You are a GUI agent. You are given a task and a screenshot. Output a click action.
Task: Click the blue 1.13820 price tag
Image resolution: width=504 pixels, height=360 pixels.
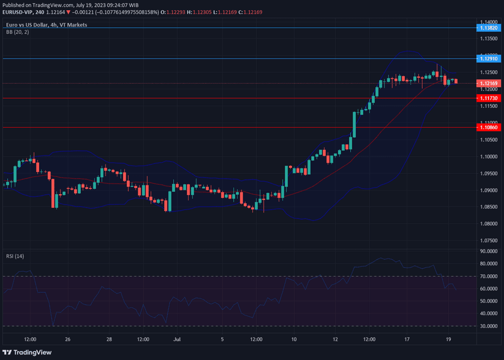click(x=488, y=28)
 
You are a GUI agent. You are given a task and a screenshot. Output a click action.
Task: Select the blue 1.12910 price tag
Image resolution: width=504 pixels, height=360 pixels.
click(x=488, y=59)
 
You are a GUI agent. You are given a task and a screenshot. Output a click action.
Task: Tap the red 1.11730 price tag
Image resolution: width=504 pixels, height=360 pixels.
click(x=488, y=98)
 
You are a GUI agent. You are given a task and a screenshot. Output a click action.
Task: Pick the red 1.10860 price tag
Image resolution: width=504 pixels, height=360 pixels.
click(x=488, y=127)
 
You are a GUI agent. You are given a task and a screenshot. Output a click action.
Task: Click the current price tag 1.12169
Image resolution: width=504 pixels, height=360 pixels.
click(x=488, y=83)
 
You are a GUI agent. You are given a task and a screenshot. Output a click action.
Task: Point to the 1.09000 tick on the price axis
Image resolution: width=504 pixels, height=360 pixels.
click(x=488, y=190)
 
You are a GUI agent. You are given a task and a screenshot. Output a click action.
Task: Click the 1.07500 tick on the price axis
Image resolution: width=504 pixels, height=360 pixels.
click(x=488, y=240)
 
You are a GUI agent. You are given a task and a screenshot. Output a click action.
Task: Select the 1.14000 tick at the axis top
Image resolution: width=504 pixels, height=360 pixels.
click(x=488, y=22)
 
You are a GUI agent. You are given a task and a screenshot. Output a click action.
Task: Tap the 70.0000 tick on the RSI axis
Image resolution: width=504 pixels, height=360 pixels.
click(x=488, y=276)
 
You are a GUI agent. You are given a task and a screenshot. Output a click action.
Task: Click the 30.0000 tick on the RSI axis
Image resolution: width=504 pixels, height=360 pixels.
click(x=488, y=326)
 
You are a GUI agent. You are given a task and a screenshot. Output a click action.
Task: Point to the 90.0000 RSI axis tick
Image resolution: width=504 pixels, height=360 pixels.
click(x=488, y=252)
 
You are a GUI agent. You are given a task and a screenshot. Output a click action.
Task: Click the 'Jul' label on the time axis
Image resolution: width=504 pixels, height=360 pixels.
click(x=177, y=339)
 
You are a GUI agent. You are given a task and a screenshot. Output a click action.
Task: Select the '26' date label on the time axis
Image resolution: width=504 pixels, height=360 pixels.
click(x=68, y=339)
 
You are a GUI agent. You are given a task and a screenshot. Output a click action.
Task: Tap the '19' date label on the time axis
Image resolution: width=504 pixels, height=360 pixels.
click(x=449, y=339)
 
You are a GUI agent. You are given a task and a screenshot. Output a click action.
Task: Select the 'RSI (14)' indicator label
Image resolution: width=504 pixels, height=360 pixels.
click(x=15, y=256)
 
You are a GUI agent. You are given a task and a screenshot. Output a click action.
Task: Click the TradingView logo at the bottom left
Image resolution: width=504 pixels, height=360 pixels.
click(x=29, y=352)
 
